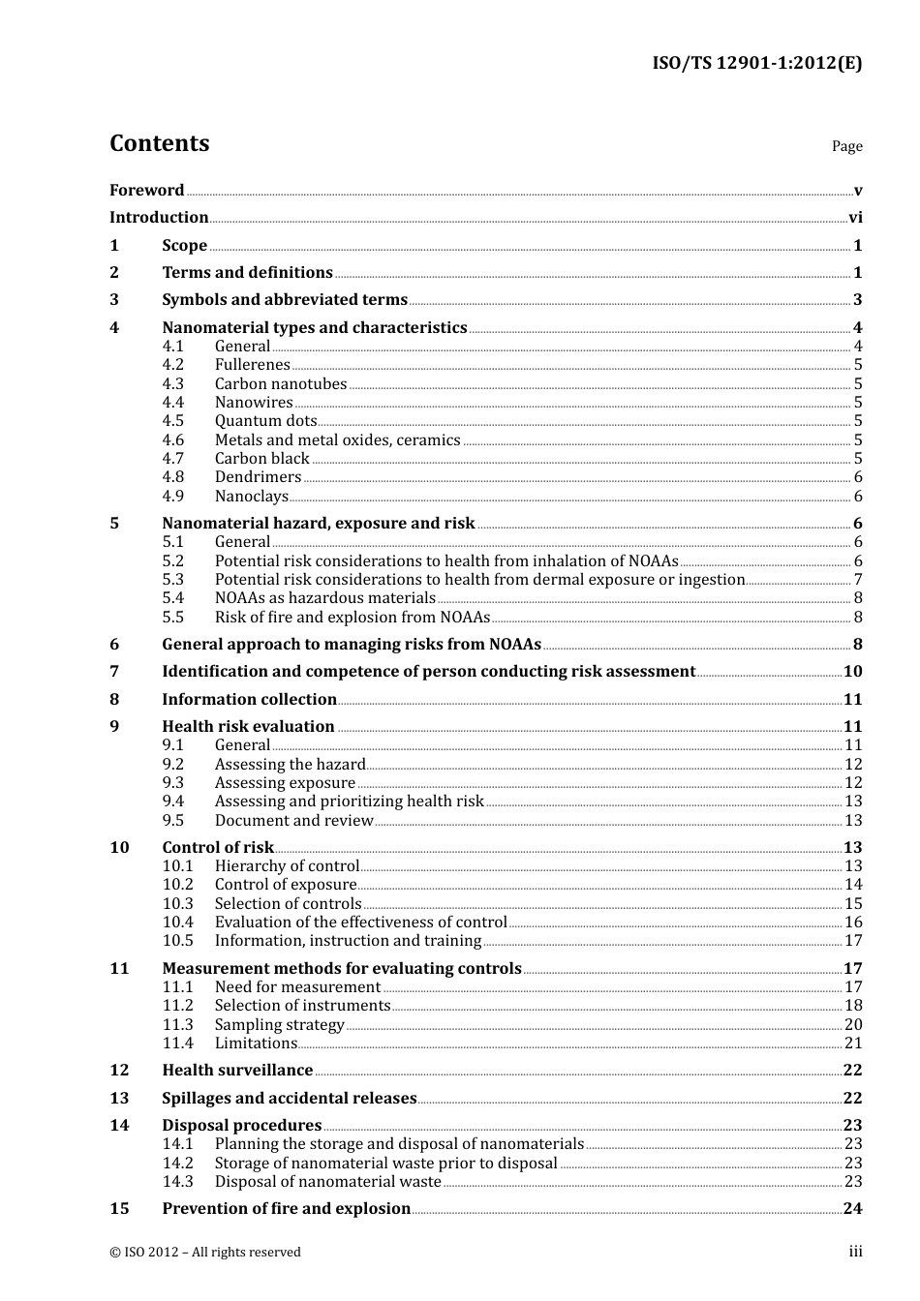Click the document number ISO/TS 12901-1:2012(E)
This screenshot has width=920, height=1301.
point(756,64)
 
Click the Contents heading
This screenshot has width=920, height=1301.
point(159,143)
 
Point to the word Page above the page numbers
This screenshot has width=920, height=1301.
point(846,146)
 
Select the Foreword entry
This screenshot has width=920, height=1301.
point(146,191)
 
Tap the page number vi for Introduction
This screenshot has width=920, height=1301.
point(855,218)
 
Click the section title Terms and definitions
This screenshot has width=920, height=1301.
point(247,273)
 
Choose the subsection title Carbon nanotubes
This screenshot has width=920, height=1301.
point(280,384)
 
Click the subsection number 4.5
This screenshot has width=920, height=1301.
point(172,421)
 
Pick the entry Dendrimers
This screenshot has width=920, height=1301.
point(258,477)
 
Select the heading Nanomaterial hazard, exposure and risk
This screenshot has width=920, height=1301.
point(318,524)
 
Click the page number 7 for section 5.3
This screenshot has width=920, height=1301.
point(858,580)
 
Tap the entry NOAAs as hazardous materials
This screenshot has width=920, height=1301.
point(324,598)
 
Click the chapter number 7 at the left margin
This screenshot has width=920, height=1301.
point(114,672)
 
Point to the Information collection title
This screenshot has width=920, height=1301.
point(249,700)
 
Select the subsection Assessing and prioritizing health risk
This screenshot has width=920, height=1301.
point(349,802)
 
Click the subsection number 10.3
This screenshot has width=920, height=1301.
point(177,904)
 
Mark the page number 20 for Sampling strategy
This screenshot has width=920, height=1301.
point(853,1025)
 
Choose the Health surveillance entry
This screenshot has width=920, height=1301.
point(237,1071)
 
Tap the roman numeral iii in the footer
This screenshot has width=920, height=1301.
point(855,1252)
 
